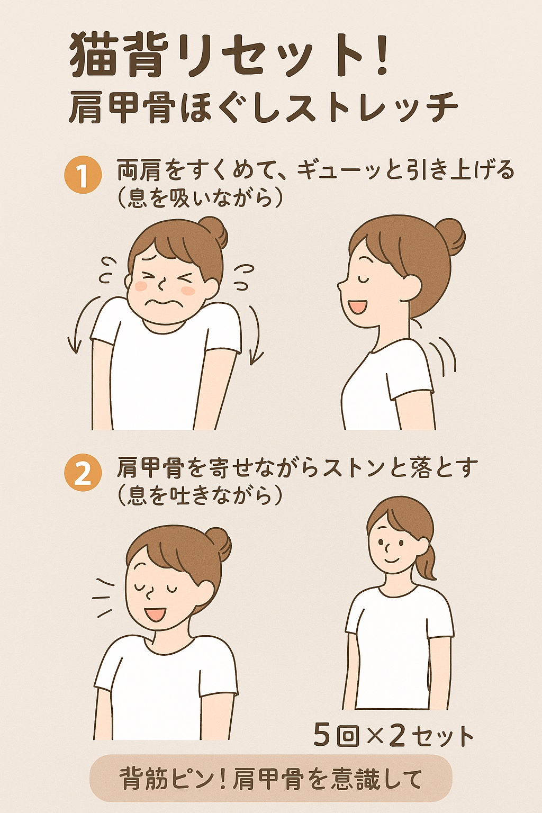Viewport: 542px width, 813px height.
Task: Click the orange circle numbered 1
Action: tap(83, 175)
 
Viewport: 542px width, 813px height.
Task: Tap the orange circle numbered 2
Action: tap(83, 473)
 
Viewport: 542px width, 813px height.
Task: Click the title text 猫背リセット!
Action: tap(229, 56)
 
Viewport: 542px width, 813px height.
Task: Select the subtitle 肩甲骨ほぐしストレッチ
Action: tap(263, 107)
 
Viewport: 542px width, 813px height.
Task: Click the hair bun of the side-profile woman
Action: tap(450, 236)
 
